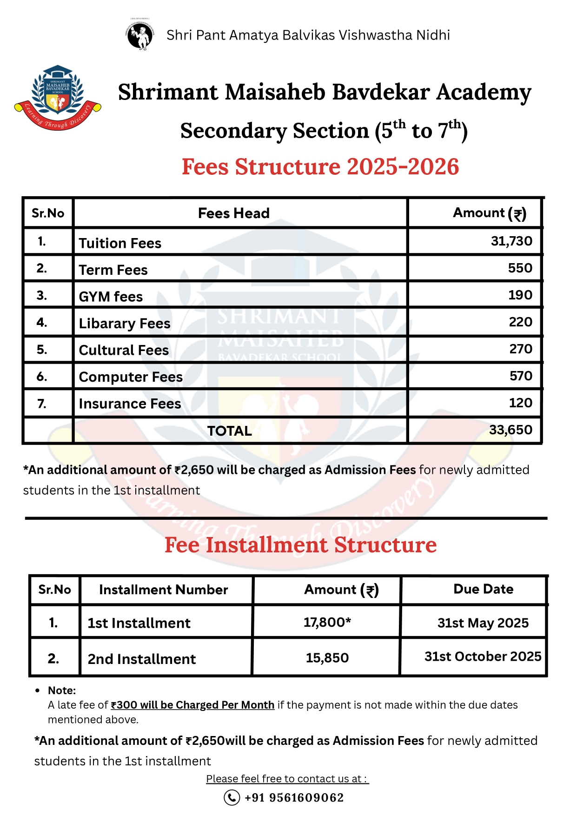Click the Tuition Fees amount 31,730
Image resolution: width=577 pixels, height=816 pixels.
(x=511, y=241)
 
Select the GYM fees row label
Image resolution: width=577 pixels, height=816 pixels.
(x=111, y=297)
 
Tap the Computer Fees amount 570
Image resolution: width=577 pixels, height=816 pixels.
(x=521, y=376)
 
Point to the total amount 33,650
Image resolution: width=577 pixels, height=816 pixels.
(x=511, y=430)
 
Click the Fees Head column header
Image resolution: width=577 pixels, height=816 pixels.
(x=233, y=213)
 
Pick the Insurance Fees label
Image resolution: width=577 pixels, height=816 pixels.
(x=130, y=404)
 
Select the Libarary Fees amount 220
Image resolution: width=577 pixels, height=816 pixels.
(x=520, y=322)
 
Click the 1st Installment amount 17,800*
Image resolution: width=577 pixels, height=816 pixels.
(x=327, y=622)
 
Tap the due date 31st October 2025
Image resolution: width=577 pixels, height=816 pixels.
(x=483, y=657)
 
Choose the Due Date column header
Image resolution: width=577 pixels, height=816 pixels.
(x=483, y=589)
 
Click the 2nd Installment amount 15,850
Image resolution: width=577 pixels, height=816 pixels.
(x=327, y=658)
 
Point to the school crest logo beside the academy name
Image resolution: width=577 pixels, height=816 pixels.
(x=58, y=97)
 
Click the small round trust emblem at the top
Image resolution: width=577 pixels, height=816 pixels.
(x=140, y=35)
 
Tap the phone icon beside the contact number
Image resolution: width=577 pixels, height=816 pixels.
(x=232, y=797)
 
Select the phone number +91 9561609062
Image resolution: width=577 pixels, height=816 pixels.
(x=294, y=798)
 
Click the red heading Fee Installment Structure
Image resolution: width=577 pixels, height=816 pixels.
(x=300, y=545)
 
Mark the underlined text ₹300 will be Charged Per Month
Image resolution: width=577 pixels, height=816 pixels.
(x=192, y=705)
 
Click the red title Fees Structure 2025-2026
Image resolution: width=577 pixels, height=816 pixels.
(x=320, y=167)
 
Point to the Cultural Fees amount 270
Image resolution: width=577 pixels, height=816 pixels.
(x=520, y=349)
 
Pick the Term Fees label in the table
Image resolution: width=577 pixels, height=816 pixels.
(x=113, y=270)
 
